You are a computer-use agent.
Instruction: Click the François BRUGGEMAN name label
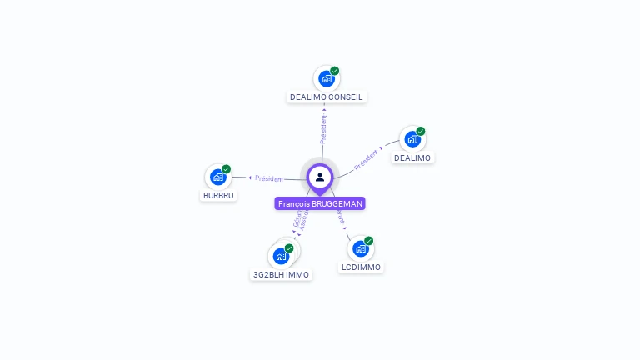click(320, 203)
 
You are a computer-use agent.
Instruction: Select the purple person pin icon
click(320, 177)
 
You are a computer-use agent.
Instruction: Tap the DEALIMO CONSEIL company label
click(327, 97)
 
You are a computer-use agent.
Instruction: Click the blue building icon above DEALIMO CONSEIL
click(326, 79)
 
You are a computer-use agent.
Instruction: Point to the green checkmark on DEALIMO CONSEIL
click(335, 71)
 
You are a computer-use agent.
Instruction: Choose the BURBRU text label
click(219, 196)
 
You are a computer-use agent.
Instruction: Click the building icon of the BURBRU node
click(217, 177)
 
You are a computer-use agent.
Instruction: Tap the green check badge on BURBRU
click(227, 169)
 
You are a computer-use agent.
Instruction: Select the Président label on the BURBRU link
click(269, 178)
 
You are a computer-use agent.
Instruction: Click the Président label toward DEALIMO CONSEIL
click(323, 128)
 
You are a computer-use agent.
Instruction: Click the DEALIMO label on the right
click(412, 157)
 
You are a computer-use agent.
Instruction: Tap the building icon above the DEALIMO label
click(412, 139)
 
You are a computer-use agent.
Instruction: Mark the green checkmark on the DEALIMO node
click(421, 131)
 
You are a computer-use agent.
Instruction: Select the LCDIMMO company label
click(361, 267)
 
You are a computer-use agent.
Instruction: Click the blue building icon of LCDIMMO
click(360, 248)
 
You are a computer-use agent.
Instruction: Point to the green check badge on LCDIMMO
click(369, 241)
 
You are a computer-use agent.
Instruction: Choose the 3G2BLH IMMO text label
click(281, 274)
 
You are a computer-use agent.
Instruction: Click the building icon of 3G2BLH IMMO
click(281, 256)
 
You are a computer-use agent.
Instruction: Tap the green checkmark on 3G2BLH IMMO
click(289, 248)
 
